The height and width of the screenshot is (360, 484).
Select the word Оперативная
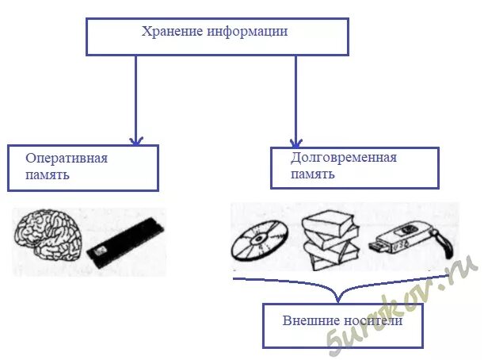click(67, 158)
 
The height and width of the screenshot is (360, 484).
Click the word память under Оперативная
click(47, 174)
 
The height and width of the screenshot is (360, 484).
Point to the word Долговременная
click(344, 157)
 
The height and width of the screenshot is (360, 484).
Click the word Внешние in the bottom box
click(308, 321)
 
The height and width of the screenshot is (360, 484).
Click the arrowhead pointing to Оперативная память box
click(135, 140)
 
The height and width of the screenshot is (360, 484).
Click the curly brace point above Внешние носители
click(338, 300)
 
